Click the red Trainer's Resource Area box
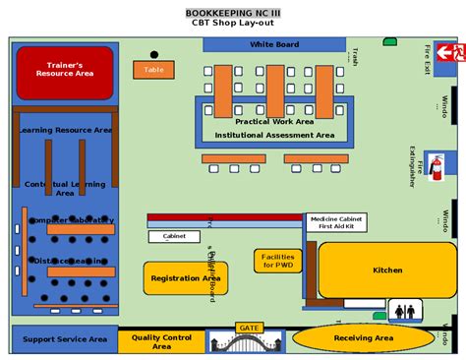65,72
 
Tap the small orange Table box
153,70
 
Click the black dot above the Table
153,55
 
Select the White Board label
274,44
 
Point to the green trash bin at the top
390,41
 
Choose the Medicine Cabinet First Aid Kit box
336,222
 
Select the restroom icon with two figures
405,311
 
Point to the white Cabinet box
174,236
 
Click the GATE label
249,328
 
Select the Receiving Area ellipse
364,338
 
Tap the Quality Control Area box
160,341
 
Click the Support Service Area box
65,339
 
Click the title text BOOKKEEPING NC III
233,13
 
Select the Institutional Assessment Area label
274,135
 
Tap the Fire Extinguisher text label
412,164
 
